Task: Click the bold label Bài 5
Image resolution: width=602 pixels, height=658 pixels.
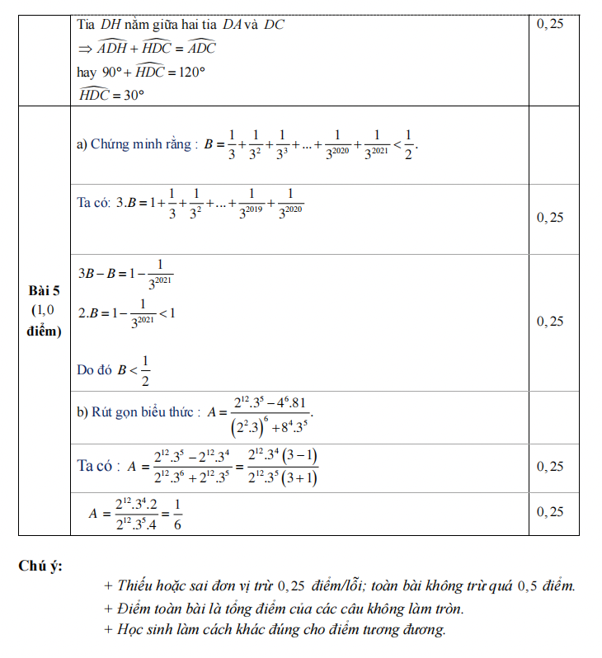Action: click(x=45, y=290)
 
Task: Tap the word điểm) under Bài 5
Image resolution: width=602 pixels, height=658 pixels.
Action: click(x=45, y=331)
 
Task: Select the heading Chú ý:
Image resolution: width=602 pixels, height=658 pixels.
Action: click(x=40, y=566)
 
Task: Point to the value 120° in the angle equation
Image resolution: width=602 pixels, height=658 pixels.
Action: click(x=188, y=72)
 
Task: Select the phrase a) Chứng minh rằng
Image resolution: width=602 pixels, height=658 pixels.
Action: click(x=136, y=144)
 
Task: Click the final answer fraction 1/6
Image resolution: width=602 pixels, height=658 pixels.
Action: click(x=178, y=515)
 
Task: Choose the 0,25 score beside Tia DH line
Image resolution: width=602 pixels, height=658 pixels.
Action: click(x=550, y=24)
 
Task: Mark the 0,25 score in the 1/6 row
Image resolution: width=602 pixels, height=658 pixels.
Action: click(x=550, y=512)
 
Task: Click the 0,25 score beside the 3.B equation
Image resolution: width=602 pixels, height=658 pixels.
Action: click(x=550, y=218)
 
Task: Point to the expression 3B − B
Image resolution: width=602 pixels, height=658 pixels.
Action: click(x=97, y=274)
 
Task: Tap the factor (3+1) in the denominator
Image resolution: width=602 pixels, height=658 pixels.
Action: click(x=302, y=478)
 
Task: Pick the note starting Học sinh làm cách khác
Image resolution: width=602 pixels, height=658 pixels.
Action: click(x=275, y=630)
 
